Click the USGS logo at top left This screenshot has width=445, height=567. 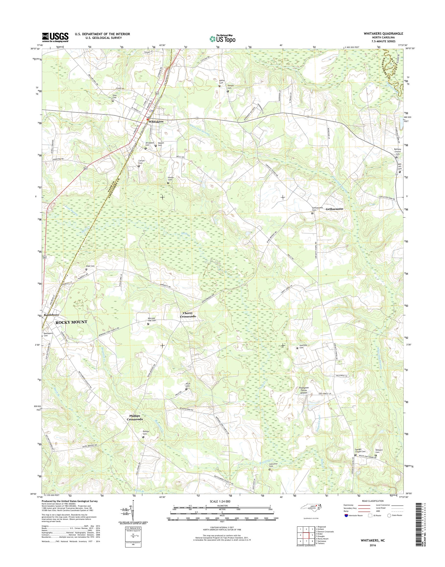(55, 37)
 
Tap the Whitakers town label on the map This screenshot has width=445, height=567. (156, 122)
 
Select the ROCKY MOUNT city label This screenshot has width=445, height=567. (71, 322)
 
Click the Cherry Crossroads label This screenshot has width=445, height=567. (188, 315)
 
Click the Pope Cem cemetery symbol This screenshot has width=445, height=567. (86, 269)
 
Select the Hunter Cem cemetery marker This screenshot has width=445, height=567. (168, 183)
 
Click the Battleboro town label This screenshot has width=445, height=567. (51, 315)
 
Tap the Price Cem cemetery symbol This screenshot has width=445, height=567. (186, 389)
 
